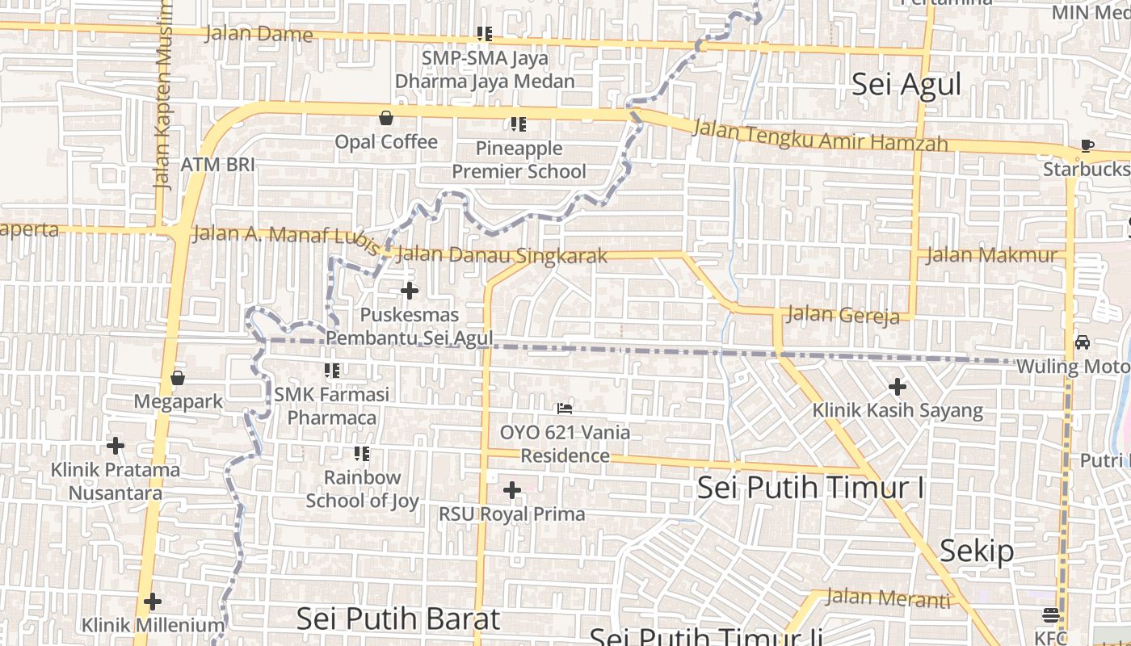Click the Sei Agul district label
pyautogui.click(x=906, y=85)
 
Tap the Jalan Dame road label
pyautogui.click(x=259, y=34)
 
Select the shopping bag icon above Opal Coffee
pyautogui.click(x=386, y=118)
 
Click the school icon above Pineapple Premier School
pyautogui.click(x=519, y=124)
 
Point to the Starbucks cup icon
pyautogui.click(x=1087, y=146)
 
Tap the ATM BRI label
pyautogui.click(x=217, y=165)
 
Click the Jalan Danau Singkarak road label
pyautogui.click(x=502, y=255)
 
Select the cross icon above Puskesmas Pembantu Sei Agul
pyautogui.click(x=410, y=291)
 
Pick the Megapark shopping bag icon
pyautogui.click(x=178, y=377)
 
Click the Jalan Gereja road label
pyautogui.click(x=843, y=314)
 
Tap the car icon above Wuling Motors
pyautogui.click(x=1083, y=342)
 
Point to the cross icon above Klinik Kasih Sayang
pyautogui.click(x=898, y=387)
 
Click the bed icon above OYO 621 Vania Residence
pyautogui.click(x=565, y=409)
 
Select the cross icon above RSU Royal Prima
pyautogui.click(x=511, y=490)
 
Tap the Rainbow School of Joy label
pyautogui.click(x=362, y=489)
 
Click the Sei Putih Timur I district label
pyautogui.click(x=810, y=488)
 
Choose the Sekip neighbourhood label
pyautogui.click(x=976, y=552)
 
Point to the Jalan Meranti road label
pyautogui.click(x=888, y=598)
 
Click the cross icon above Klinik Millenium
pyautogui.click(x=152, y=602)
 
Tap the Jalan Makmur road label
pyautogui.click(x=990, y=256)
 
